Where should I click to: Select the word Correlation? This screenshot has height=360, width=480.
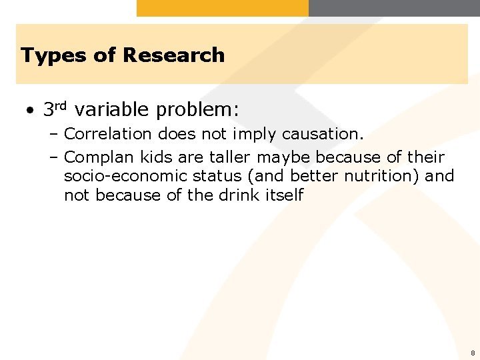tap(108, 134)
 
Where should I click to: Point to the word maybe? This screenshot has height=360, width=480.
tap(284, 158)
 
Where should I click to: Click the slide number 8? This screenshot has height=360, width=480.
tap(472, 353)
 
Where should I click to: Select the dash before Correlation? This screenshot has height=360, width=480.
tap(54, 134)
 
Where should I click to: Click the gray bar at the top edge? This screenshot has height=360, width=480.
tap(393, 8)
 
